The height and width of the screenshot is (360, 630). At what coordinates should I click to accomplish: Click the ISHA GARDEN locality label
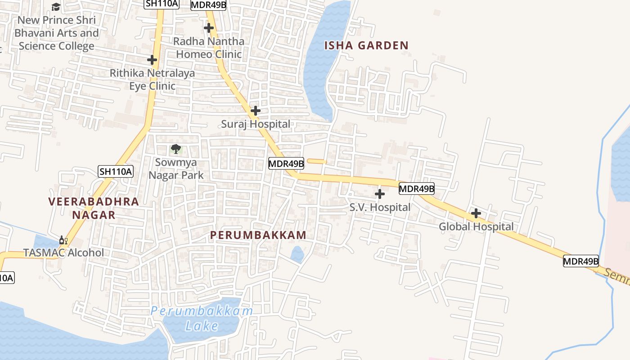[366, 45]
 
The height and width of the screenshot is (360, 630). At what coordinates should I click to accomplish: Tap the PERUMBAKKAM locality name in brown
[258, 235]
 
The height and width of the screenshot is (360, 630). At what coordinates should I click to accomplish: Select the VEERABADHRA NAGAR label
[94, 208]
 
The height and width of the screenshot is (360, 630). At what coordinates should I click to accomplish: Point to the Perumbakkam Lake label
[202, 318]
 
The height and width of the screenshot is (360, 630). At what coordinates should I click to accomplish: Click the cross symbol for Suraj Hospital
[256, 111]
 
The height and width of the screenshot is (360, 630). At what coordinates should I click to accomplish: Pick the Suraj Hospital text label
[256, 124]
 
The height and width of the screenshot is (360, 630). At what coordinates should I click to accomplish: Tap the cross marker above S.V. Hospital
[380, 194]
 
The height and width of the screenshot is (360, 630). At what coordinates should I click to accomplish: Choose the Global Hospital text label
[476, 226]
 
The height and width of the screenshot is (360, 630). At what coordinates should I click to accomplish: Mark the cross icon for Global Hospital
[476, 213]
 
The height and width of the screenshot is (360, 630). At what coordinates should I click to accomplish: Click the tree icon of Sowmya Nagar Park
[175, 149]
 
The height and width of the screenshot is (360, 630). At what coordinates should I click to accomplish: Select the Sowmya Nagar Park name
[176, 169]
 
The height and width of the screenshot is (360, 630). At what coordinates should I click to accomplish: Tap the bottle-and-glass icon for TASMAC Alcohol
[63, 240]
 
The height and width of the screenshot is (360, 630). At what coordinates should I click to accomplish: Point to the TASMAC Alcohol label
[63, 252]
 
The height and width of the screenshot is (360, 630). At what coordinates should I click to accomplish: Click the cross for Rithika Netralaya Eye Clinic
[152, 59]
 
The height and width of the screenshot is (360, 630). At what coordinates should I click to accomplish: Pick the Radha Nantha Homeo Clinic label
[209, 48]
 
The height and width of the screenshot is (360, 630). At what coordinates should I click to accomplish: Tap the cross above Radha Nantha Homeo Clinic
[209, 28]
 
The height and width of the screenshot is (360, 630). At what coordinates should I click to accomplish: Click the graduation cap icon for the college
[56, 7]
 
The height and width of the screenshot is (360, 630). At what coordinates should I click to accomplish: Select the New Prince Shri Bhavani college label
[56, 33]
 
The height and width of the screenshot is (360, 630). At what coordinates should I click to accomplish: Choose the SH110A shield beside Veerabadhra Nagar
[116, 171]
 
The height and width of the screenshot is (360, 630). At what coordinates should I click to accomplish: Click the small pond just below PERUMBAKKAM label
[297, 255]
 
